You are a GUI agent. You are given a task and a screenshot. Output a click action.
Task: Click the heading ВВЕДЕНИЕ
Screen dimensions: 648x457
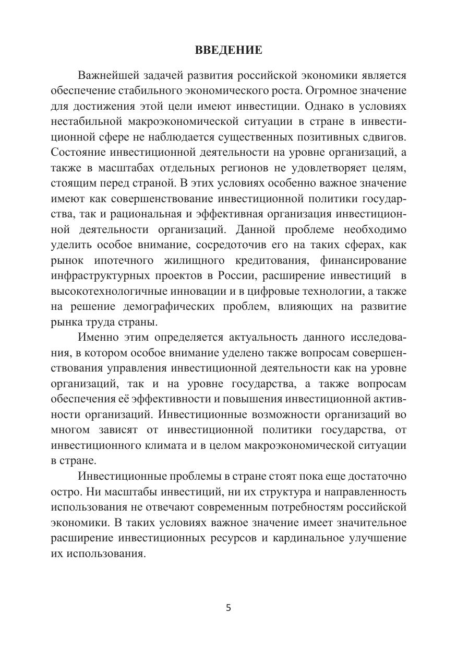(228, 51)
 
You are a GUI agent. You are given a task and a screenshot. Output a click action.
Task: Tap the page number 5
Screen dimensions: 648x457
(228, 608)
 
